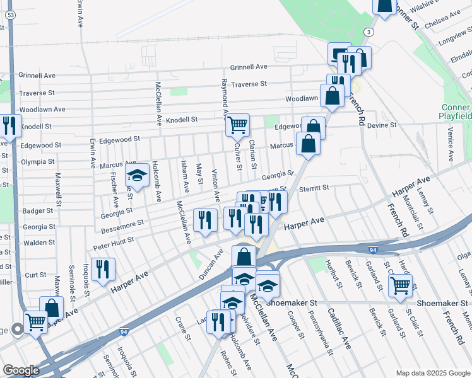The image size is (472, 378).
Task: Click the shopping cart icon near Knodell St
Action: click(x=237, y=125)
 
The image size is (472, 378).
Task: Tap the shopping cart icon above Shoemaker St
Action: click(x=400, y=285)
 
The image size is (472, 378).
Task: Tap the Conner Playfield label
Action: click(x=455, y=112)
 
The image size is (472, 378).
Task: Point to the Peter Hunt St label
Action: click(x=114, y=241)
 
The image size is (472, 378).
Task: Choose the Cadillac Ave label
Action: click(x=338, y=328)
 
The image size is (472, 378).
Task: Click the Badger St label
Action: click(x=37, y=211)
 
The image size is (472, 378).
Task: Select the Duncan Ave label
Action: click(x=211, y=263)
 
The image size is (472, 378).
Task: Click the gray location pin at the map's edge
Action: click(x=16, y=328)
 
